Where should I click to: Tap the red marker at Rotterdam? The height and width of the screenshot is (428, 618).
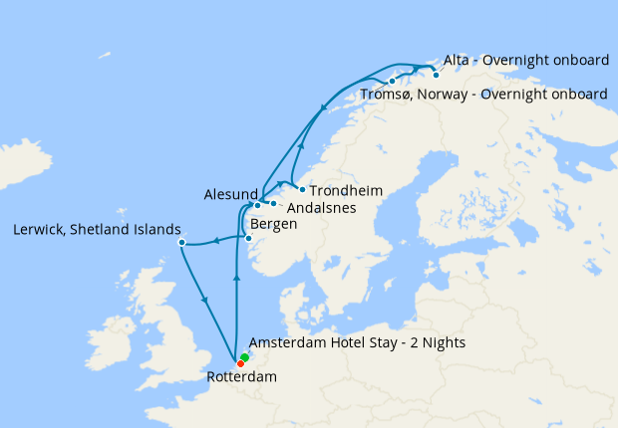pyautogui.click(x=240, y=363)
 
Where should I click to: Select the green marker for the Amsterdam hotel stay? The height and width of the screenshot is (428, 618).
pyautogui.click(x=244, y=356)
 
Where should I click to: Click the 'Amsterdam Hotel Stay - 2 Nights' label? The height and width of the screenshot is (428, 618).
pyautogui.click(x=357, y=342)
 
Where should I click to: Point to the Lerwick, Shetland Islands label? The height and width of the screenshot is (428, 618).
pyautogui.click(x=97, y=229)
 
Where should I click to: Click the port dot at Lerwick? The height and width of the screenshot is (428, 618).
pyautogui.click(x=181, y=243)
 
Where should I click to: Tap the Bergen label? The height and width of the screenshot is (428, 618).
pyautogui.click(x=274, y=225)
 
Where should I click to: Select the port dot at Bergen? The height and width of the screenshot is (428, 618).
pyautogui.click(x=248, y=238)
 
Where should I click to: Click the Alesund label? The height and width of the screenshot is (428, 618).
pyautogui.click(x=230, y=194)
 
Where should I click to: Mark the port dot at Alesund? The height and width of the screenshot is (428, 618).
pyautogui.click(x=257, y=205)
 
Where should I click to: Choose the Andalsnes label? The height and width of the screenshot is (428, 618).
pyautogui.click(x=319, y=209)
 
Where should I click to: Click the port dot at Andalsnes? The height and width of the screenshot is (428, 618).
pyautogui.click(x=273, y=203)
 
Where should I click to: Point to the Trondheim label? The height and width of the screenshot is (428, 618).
pyautogui.click(x=346, y=190)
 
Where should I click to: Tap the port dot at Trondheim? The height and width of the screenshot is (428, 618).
pyautogui.click(x=302, y=188)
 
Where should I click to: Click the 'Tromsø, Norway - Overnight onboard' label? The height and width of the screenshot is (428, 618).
pyautogui.click(x=481, y=94)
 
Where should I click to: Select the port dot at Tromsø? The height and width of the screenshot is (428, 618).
pyautogui.click(x=392, y=81)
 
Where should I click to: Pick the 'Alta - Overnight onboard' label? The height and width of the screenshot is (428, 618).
pyautogui.click(x=525, y=61)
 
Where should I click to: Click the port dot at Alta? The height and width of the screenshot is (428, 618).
pyautogui.click(x=436, y=75)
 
